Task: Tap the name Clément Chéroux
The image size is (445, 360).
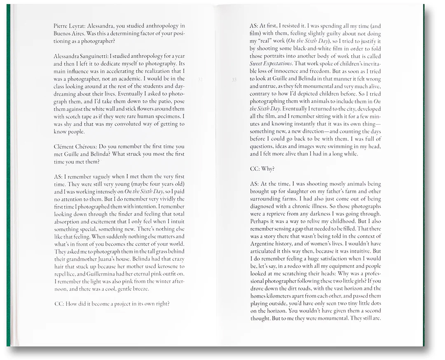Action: [x=75, y=147]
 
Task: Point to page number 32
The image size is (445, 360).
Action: [x=201, y=79]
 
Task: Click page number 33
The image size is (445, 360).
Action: [x=234, y=79]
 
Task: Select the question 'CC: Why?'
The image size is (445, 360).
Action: [x=262, y=169]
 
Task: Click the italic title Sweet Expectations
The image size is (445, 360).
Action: [x=271, y=64]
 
